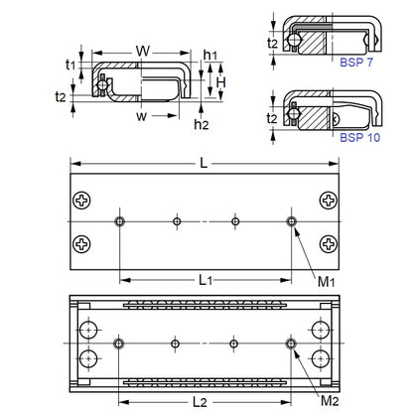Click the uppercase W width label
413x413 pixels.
[x=142, y=50]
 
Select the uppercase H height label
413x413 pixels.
[x=223, y=82]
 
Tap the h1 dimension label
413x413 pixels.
[x=211, y=56]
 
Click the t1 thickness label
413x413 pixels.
[x=69, y=64]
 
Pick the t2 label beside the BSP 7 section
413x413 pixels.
[x=272, y=44]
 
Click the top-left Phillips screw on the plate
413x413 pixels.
[x=81, y=203]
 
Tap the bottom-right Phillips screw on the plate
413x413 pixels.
[x=329, y=240]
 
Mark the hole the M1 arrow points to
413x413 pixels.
[x=292, y=220]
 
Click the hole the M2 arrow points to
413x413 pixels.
[x=292, y=343]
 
